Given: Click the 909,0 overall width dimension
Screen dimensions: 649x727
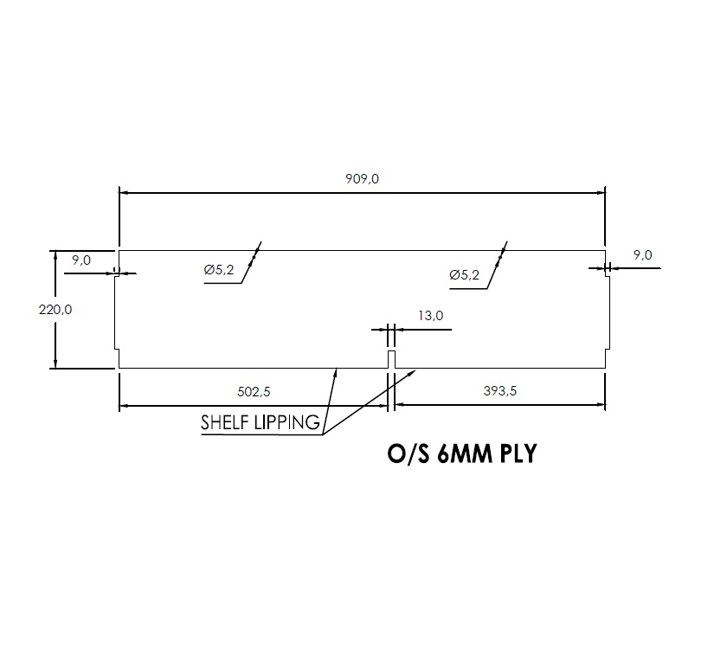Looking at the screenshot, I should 363,179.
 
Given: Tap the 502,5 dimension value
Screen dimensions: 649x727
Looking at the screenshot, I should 254,392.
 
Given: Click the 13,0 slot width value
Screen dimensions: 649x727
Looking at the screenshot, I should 430,316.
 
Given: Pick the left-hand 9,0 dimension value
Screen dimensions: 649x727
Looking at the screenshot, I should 81,260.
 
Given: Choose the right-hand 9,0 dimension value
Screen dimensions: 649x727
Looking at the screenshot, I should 643,254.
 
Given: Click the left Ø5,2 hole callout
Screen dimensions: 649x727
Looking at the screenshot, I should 220,271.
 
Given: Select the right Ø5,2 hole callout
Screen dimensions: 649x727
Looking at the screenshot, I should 465,275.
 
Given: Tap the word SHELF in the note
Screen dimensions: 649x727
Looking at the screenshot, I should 228,424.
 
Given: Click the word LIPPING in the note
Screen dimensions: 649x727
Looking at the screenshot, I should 289,424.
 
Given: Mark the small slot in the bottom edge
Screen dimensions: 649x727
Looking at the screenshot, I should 391,359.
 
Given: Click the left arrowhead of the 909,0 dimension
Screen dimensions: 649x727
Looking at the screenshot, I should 125,192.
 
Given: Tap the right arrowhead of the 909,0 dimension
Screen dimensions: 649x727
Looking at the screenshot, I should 600,192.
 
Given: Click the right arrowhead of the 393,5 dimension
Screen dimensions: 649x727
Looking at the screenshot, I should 599,405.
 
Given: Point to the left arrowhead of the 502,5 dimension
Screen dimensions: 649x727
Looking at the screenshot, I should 125,405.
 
